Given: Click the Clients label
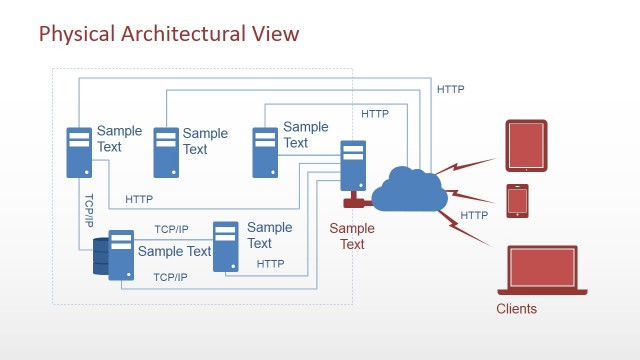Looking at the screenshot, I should (516, 309).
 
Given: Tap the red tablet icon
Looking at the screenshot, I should (526, 143).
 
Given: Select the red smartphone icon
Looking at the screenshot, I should (517, 201).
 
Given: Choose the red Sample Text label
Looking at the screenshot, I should (352, 236).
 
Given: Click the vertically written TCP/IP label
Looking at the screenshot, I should (89, 210).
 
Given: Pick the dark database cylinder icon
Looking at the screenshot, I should (100, 256).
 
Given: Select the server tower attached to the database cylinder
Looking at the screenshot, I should (121, 255).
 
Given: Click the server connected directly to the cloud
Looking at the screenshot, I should (353, 165).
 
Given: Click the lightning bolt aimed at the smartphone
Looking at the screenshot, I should (468, 195).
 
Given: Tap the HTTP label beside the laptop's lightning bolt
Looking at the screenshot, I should (474, 215).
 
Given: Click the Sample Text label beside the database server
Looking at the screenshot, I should (174, 251).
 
